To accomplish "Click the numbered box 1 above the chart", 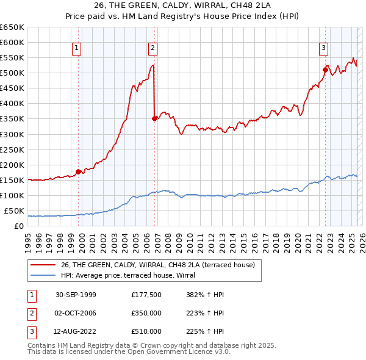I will pos(77,48).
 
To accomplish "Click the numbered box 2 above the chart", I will pos(152,48).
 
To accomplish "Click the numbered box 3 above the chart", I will pos(323,48).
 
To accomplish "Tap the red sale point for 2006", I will pos(155,118).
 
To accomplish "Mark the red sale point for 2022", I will pos(326,70).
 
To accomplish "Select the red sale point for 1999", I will pos(79,171).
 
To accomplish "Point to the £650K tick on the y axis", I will pos(12,27).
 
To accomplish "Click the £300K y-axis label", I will pos(12,134).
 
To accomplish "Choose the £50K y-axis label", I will pos(14,211).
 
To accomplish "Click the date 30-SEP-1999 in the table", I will pos(76,295).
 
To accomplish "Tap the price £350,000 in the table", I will pos(146,313).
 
